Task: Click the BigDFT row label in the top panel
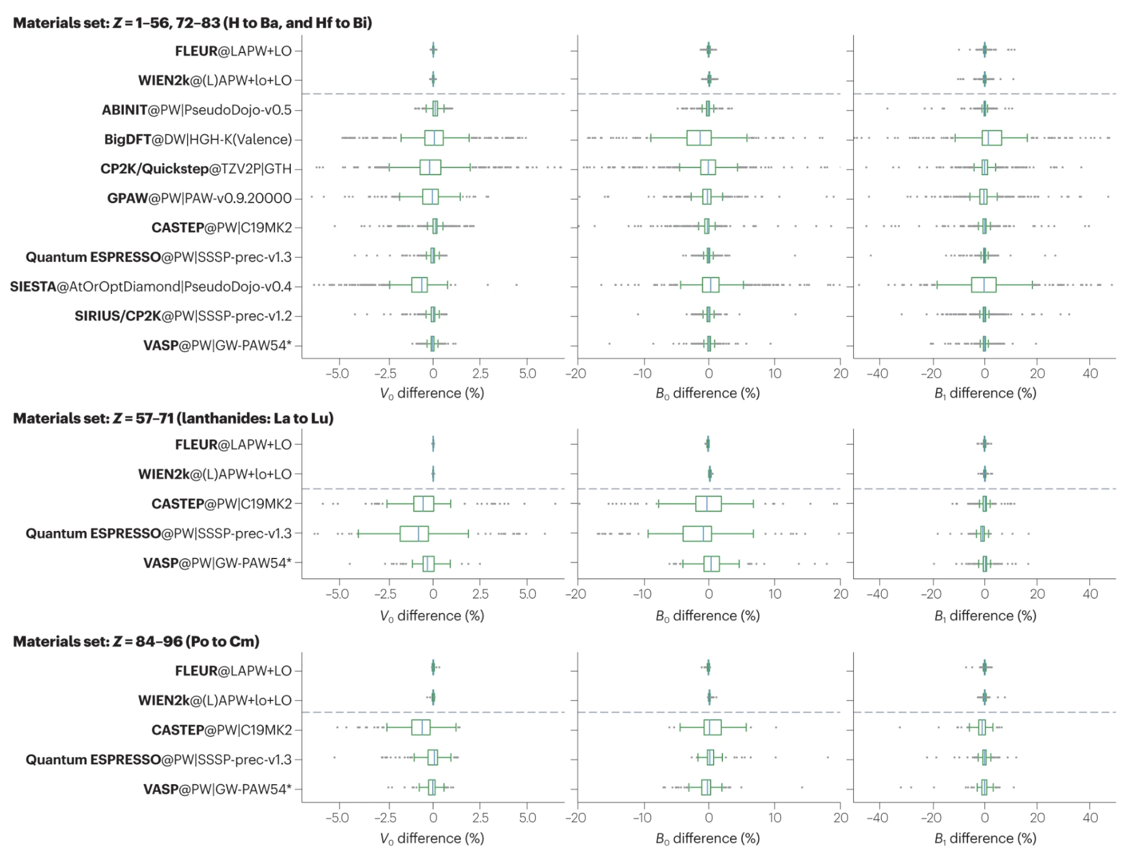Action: click(x=198, y=139)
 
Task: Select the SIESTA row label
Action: click(x=151, y=286)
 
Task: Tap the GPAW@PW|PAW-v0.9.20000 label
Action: click(x=199, y=198)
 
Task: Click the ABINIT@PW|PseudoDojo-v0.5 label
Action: click(x=196, y=110)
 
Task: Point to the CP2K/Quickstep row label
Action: click(x=196, y=169)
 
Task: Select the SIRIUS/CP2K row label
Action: click(x=183, y=316)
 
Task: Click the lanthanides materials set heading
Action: click(x=173, y=418)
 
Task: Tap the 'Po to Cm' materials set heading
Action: click(x=136, y=642)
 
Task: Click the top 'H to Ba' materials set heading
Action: click(x=192, y=23)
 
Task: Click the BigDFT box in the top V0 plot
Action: click(x=433, y=138)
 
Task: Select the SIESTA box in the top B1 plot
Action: click(x=983, y=285)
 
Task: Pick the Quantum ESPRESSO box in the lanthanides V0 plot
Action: click(x=414, y=533)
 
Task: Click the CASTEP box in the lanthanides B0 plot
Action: click(x=708, y=503)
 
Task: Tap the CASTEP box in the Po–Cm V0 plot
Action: click(x=420, y=728)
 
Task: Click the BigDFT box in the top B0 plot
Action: click(x=699, y=138)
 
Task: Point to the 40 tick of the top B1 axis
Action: click(x=1089, y=373)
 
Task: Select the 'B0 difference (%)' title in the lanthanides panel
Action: click(x=707, y=616)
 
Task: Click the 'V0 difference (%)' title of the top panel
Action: click(x=432, y=393)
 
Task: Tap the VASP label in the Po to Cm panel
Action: click(x=217, y=789)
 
